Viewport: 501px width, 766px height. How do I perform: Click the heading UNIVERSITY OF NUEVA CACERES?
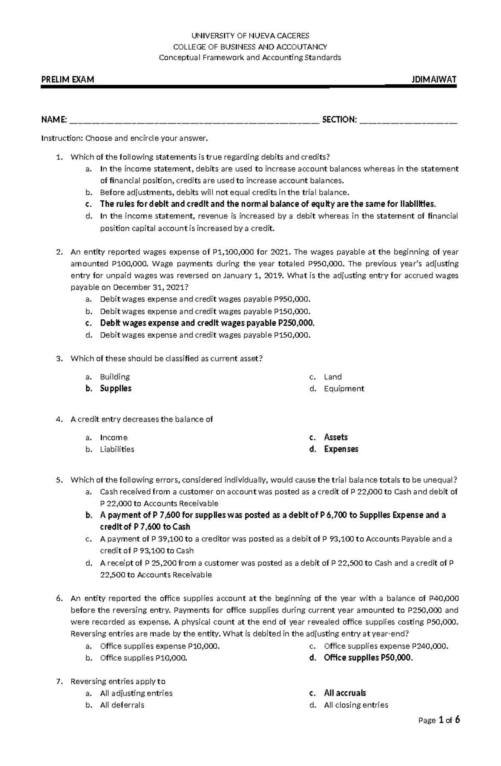(250, 36)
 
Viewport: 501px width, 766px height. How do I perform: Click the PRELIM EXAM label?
(67, 80)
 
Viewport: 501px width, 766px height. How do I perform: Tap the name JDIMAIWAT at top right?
(434, 80)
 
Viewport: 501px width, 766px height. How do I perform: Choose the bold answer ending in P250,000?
(207, 323)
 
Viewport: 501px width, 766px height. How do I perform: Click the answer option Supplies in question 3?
(116, 389)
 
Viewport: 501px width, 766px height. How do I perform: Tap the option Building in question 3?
(115, 377)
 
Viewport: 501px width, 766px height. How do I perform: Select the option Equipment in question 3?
(344, 389)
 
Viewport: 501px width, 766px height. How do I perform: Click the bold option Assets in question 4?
(336, 437)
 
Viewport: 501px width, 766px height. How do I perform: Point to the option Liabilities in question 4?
(117, 450)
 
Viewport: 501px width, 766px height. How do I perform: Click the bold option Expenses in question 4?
(341, 450)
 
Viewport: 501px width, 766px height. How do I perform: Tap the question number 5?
(59, 480)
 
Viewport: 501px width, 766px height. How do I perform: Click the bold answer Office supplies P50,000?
(368, 658)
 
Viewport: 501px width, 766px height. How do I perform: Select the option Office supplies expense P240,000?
(386, 646)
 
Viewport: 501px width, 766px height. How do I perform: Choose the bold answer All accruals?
(345, 693)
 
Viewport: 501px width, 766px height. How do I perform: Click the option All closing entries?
(356, 705)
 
